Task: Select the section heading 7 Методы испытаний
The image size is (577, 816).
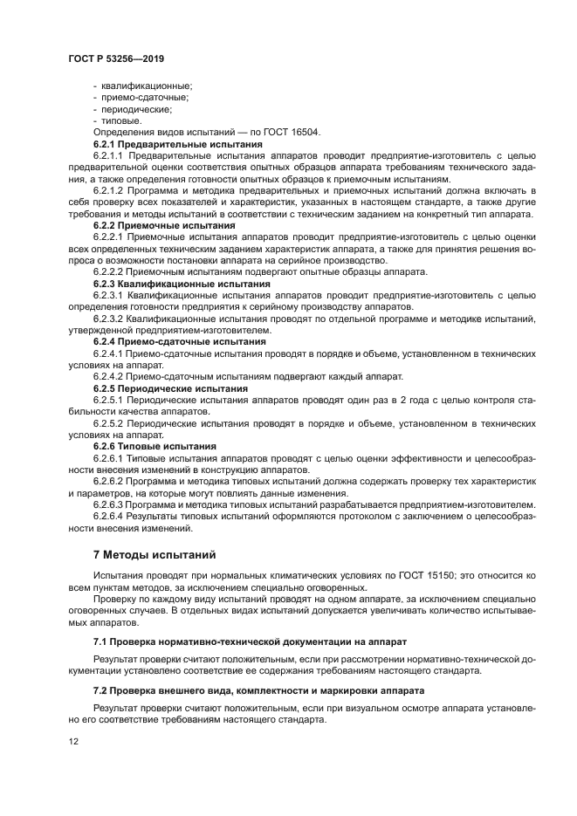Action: [x=154, y=554]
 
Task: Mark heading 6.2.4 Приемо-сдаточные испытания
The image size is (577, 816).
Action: [x=179, y=342]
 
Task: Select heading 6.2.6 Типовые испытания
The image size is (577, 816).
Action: [x=155, y=446]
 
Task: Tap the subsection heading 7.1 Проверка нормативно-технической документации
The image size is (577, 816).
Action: [x=250, y=641]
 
